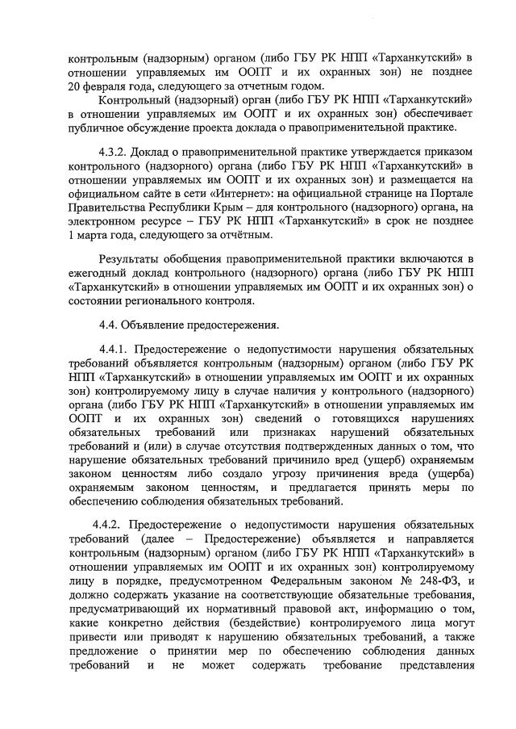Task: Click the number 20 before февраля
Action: tap(76, 86)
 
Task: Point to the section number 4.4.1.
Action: tap(115, 348)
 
